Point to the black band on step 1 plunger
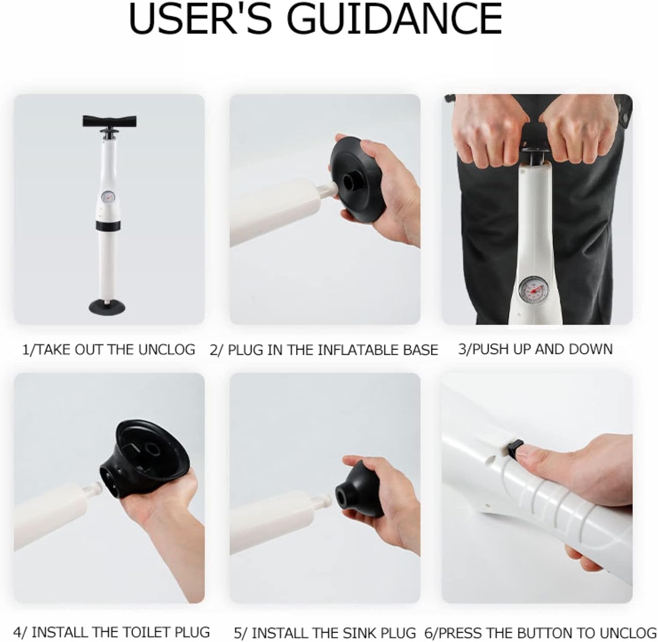tap(108, 225)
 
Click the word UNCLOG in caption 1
tap(167, 350)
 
